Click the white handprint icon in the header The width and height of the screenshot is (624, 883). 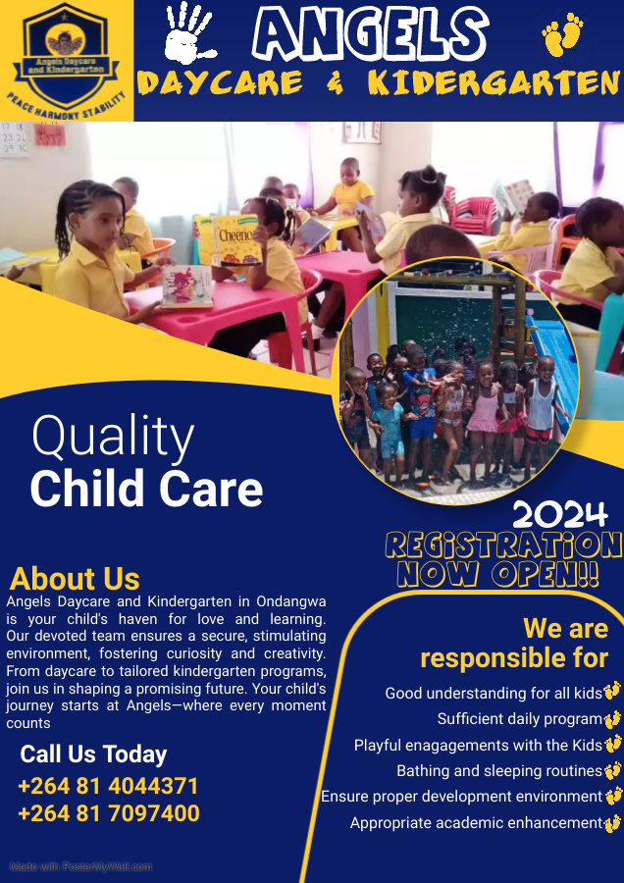pyautogui.click(x=188, y=32)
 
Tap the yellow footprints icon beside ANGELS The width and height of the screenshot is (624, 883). pyautogui.click(x=562, y=35)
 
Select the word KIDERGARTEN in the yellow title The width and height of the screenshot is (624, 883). pyautogui.click(x=494, y=83)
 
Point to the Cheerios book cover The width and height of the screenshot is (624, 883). pyautogui.click(x=236, y=239)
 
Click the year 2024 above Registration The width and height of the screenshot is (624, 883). pyautogui.click(x=560, y=515)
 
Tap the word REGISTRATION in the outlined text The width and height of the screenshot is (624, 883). pyautogui.click(x=503, y=545)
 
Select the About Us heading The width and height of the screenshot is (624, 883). pyautogui.click(x=75, y=578)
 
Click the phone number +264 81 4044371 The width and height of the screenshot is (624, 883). pyautogui.click(x=108, y=786)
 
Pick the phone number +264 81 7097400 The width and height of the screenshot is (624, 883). pyautogui.click(x=109, y=813)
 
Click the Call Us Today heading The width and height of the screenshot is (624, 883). pyautogui.click(x=93, y=754)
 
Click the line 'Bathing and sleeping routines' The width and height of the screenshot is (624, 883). pyautogui.click(x=499, y=770)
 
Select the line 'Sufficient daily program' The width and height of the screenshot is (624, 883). pyautogui.click(x=520, y=719)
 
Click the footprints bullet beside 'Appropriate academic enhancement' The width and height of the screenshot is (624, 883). pyautogui.click(x=612, y=823)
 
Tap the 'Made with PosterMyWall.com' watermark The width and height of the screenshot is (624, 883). pyautogui.click(x=81, y=866)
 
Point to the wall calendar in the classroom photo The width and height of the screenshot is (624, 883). pyautogui.click(x=14, y=139)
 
